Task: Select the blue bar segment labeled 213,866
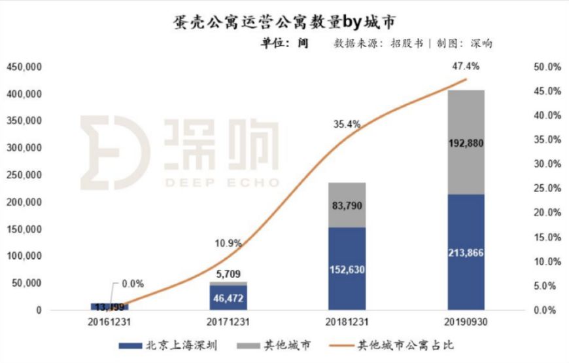pos(466,252)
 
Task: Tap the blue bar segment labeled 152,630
pos(347,269)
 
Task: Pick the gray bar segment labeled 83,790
pos(347,205)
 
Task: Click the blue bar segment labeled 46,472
pos(228,297)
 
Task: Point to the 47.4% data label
pos(466,66)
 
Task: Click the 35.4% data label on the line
pos(347,123)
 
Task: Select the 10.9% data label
pos(228,243)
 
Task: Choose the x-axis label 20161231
pos(109,322)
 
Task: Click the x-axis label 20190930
pos(466,322)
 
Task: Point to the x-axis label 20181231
pos(347,322)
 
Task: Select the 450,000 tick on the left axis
pos(24,67)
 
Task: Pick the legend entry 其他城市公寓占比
pos(405,345)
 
